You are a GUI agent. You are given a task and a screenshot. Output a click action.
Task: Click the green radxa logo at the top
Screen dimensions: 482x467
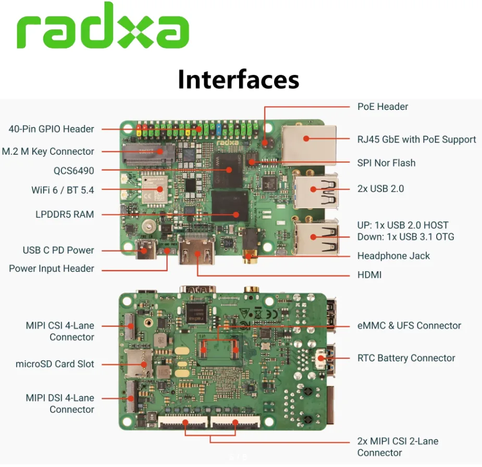coord(103,26)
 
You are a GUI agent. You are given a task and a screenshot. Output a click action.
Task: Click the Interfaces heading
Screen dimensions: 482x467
coord(239,80)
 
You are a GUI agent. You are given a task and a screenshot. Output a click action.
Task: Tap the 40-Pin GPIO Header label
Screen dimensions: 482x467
coord(52,129)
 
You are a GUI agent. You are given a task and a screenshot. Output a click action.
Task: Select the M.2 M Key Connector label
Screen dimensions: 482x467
coord(48,152)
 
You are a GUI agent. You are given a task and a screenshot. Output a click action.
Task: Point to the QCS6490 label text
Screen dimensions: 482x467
coord(74,171)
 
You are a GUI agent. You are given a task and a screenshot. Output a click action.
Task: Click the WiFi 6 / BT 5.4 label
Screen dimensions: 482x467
coord(63,190)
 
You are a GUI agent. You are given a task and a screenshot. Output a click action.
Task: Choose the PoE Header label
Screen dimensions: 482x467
coord(382,107)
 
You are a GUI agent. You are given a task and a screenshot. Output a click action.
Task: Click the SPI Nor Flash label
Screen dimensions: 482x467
coord(387,163)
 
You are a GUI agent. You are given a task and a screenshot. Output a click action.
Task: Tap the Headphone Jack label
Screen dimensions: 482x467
coord(393,256)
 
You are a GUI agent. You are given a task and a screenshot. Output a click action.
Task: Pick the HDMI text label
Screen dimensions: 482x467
coord(369,275)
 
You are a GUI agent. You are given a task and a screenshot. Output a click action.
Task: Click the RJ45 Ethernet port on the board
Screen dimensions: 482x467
coord(308,145)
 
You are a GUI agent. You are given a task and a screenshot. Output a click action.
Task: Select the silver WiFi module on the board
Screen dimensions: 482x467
coord(154,190)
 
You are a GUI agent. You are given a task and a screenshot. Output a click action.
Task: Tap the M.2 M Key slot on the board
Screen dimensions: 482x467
coord(149,154)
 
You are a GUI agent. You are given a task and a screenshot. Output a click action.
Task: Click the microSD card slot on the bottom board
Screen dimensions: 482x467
coord(138,364)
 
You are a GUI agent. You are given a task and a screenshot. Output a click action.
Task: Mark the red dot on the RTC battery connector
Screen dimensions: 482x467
coord(321,358)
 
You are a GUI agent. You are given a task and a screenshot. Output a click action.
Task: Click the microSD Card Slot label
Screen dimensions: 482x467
coord(55,364)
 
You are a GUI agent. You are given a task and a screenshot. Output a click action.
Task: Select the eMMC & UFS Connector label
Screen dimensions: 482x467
coord(409,325)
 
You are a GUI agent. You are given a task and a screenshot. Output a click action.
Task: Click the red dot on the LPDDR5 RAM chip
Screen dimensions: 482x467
coord(236,214)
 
